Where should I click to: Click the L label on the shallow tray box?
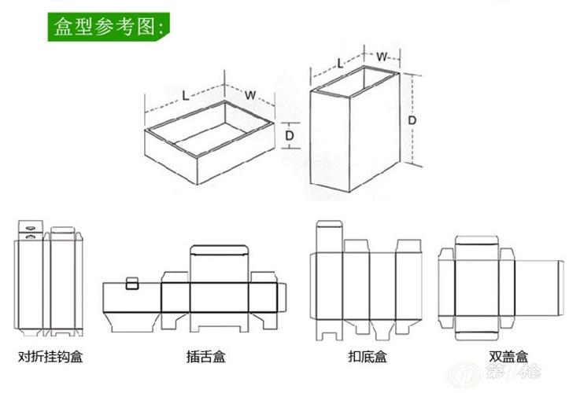pyautogui.click(x=185, y=95)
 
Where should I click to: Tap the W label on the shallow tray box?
pyautogui.click(x=249, y=95)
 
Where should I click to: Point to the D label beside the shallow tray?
pyautogui.click(x=290, y=135)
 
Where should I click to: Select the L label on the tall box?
pyautogui.click(x=340, y=62)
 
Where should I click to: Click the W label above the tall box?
pyautogui.click(x=381, y=57)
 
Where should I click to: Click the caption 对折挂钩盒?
pyautogui.click(x=50, y=357)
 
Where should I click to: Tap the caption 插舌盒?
pyautogui.click(x=206, y=357)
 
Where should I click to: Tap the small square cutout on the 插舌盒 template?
pyautogui.click(x=133, y=282)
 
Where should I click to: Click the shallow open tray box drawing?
pyautogui.click(x=209, y=141)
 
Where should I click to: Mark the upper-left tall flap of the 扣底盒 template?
pyautogui.click(x=327, y=237)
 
